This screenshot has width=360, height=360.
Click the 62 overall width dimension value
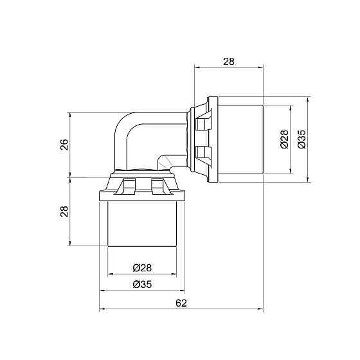(181, 303)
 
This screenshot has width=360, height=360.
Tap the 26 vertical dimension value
(64, 145)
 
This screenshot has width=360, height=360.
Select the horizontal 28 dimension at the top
(229, 62)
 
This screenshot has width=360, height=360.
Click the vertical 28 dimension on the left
(64, 212)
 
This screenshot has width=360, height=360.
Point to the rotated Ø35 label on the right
(301, 139)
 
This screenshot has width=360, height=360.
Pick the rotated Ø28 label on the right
(285, 139)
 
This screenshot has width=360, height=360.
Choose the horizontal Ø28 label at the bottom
(142, 267)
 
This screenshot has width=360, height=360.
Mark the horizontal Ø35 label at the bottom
(142, 285)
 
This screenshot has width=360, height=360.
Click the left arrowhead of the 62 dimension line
(102, 309)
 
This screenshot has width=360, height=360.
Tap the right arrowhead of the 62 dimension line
(260, 309)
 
